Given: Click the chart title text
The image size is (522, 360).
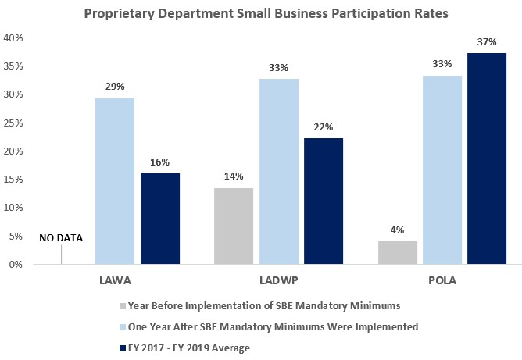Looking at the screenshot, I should tap(261, 14).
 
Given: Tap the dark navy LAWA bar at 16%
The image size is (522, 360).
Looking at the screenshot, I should tap(160, 219).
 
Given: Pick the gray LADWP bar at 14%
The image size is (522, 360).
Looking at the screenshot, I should tap(233, 226).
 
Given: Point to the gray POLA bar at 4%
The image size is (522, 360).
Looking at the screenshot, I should tap(397, 252).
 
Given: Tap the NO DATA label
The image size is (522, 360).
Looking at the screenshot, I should tap(61, 238).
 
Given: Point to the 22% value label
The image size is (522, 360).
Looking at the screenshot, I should tap(324, 127).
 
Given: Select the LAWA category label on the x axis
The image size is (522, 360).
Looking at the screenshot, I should tap(115, 279).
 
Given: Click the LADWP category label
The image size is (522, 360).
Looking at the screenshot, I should tap(278, 279).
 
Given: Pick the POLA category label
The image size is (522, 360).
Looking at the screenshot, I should tap(442, 279).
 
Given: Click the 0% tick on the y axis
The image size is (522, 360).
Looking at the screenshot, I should tap(17, 265).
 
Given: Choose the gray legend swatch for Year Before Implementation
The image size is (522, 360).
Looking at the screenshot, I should tap(121, 305).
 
